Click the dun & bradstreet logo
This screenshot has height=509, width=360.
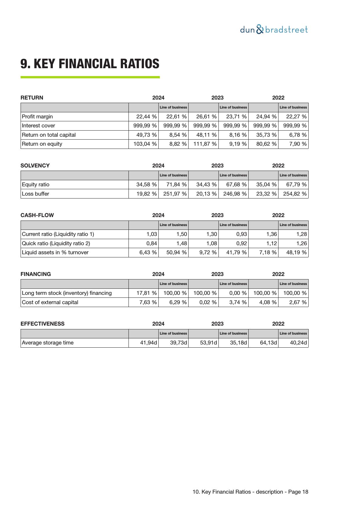point(274,30)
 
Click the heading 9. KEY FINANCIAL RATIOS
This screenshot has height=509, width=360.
point(90,64)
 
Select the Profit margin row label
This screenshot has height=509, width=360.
point(37,117)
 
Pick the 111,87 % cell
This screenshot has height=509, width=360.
point(205,144)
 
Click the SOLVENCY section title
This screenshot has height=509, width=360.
point(35,166)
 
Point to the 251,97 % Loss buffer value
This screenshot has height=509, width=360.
point(175,194)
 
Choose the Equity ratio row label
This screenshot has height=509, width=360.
point(36,185)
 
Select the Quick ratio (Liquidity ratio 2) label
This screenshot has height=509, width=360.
point(56,243)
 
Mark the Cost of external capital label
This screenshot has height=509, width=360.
point(50,302)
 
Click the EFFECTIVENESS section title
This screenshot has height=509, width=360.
point(43,324)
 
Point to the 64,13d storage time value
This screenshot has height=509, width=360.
point(268,343)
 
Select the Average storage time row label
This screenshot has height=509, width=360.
point(48,343)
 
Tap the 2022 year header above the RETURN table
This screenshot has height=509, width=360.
point(278,98)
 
